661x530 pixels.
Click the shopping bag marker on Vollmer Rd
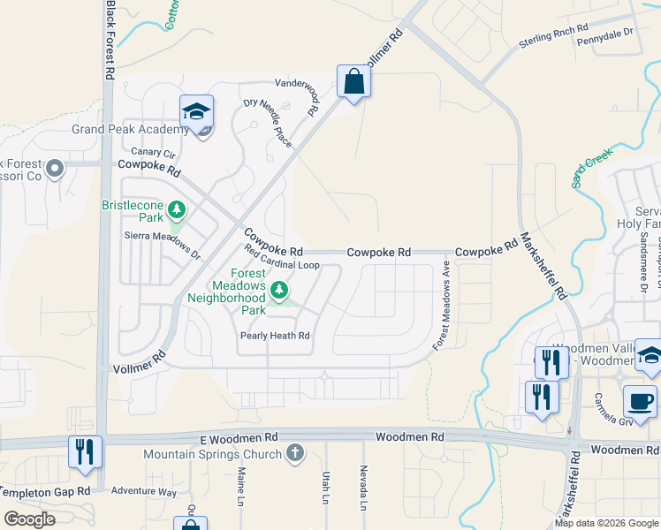(353, 82)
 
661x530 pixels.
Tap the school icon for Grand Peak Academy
(197, 112)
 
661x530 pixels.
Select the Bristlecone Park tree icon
(178, 209)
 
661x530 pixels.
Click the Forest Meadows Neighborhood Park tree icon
(279, 290)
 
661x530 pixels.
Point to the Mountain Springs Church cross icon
(295, 454)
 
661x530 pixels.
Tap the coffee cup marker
(640, 401)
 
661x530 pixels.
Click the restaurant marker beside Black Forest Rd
(85, 451)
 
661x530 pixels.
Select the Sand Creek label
(591, 168)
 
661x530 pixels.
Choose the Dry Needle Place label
(268, 123)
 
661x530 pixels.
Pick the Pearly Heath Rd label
(275, 336)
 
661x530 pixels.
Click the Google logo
(30, 519)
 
